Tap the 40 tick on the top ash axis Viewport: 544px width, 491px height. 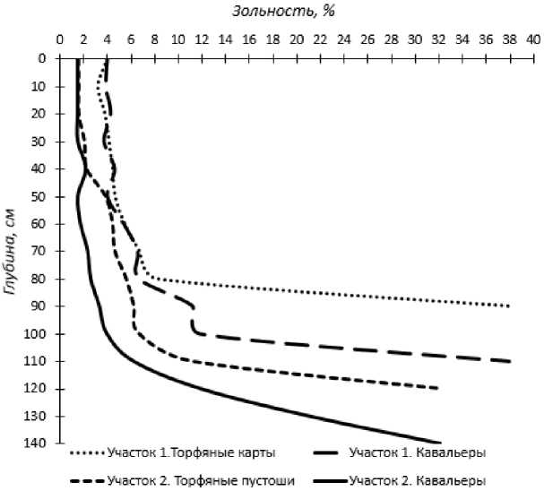(x=532, y=40)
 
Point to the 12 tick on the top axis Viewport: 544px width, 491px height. (x=201, y=40)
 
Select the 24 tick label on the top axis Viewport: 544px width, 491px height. (x=343, y=40)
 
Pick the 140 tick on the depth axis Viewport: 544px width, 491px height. (x=35, y=444)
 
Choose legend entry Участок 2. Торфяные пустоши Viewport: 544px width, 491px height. (x=201, y=479)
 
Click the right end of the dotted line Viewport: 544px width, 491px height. (x=509, y=306)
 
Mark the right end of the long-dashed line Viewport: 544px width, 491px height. (x=510, y=361)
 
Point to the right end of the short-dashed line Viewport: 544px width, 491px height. (x=438, y=388)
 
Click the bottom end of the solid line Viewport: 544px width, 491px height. (x=440, y=443)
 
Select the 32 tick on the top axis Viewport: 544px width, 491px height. (x=438, y=40)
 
